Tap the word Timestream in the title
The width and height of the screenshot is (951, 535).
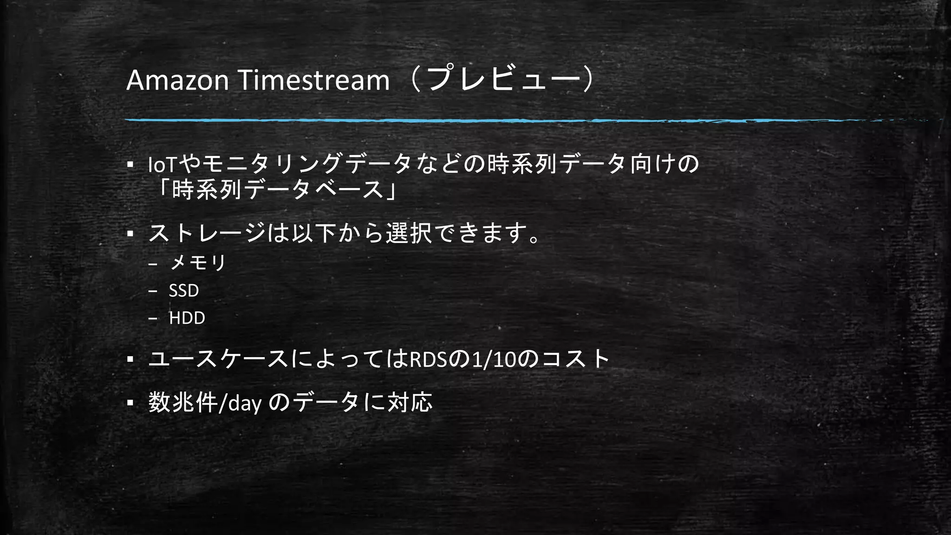(313, 80)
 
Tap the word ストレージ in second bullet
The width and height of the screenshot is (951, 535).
(207, 233)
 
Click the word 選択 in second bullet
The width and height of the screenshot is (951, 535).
(409, 233)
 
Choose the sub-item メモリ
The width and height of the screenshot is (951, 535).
(198, 263)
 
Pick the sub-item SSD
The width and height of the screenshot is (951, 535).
(184, 291)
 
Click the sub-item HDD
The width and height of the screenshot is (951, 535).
(187, 318)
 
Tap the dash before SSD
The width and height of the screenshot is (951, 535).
(153, 291)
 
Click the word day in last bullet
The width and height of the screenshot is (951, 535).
(245, 403)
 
